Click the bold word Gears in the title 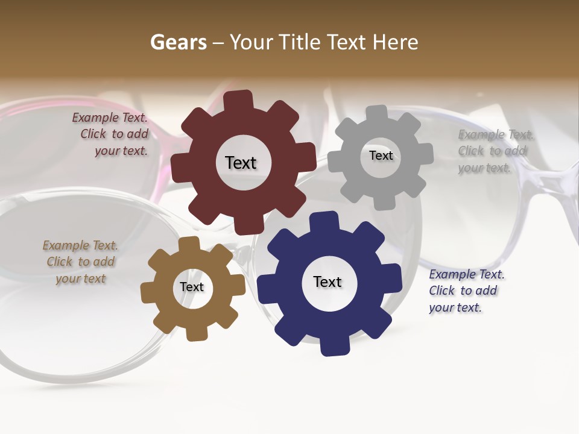178,42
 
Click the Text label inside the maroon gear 241,163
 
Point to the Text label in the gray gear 381,156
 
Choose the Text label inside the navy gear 327,281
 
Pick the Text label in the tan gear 192,287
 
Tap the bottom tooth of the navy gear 334,346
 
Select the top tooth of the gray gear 377,114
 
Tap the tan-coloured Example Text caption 80,262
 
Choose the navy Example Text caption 466,291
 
